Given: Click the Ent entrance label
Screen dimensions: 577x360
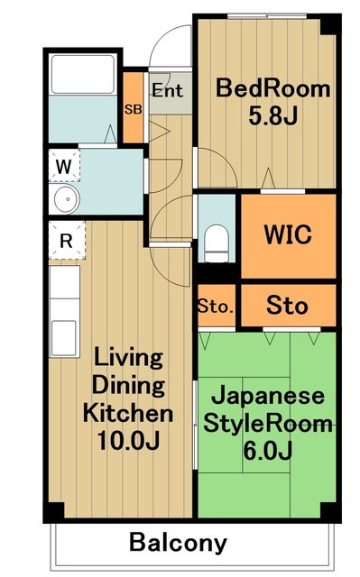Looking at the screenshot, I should click(x=167, y=90).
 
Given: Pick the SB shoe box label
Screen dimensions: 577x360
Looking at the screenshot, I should click(x=133, y=109).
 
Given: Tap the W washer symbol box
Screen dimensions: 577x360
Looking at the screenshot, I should click(x=65, y=167).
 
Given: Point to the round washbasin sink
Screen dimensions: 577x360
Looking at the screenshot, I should click(x=64, y=199).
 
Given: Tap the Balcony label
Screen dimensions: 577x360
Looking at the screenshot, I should click(x=178, y=543).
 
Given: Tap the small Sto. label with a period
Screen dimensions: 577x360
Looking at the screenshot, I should click(x=217, y=307).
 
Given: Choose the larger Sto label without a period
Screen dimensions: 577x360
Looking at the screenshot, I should click(x=287, y=306).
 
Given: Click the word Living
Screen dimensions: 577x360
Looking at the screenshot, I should click(x=128, y=358).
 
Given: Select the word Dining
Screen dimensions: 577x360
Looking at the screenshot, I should click(x=128, y=386).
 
